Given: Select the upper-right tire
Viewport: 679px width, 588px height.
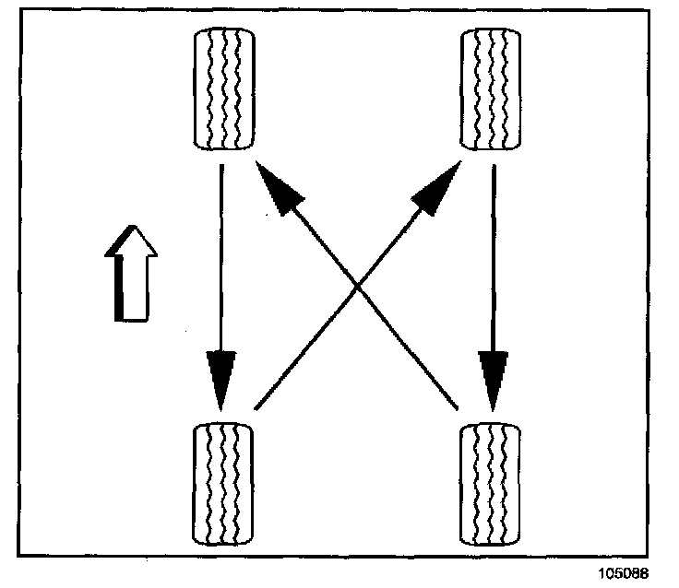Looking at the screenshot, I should click(490, 88).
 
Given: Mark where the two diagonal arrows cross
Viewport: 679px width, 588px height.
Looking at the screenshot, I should click(357, 288).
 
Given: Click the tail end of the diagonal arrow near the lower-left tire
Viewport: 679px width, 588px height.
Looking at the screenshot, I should click(256, 406).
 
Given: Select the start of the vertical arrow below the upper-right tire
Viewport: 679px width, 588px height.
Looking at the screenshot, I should click(494, 167).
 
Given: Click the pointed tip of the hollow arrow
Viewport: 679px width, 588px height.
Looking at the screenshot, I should click(133, 227).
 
